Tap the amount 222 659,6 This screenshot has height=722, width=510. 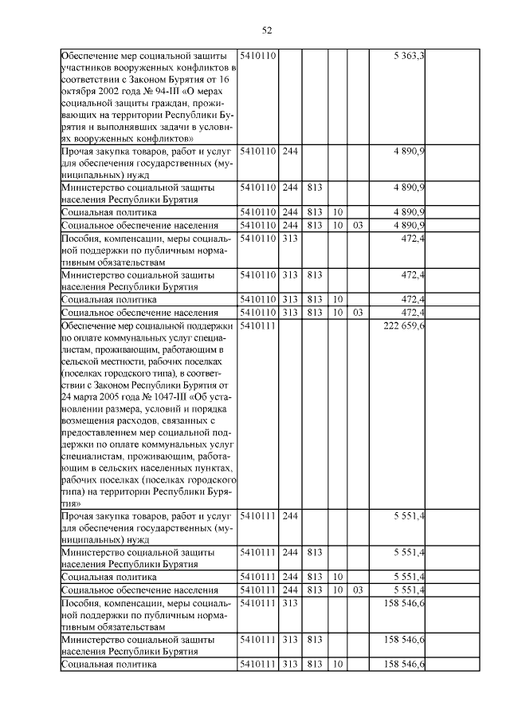click(402, 325)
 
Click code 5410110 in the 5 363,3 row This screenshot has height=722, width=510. click(257, 55)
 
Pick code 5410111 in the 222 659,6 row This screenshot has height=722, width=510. click(257, 325)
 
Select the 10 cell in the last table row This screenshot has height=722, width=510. click(337, 665)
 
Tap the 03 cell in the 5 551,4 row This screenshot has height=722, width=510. click(357, 589)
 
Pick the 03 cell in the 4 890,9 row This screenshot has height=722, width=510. click(357, 226)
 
